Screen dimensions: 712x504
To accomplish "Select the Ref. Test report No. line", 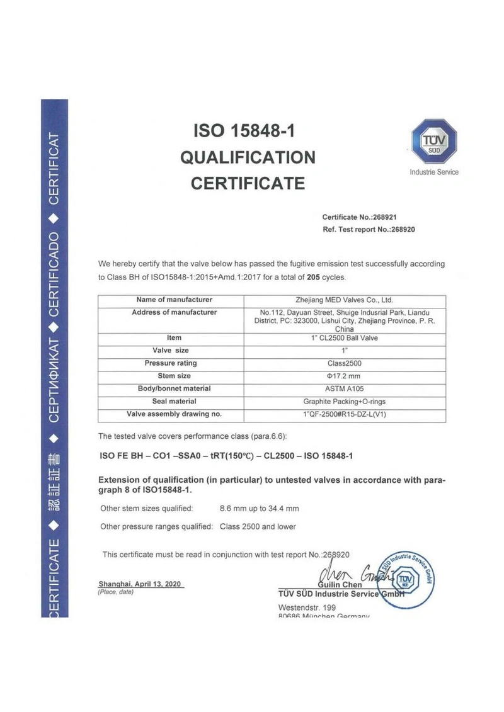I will coord(369,230).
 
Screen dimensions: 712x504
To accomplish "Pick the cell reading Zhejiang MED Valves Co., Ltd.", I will coord(344,300).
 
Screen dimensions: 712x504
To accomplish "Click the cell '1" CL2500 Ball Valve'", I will coord(344,338).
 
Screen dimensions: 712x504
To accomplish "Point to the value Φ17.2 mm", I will coord(344,376).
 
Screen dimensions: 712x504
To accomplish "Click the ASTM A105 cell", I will coord(344,389).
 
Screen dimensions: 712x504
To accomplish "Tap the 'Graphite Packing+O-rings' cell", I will coord(344,402).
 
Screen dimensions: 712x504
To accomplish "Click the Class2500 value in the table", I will coord(344,364).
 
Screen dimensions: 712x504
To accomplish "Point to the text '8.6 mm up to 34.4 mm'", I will coord(259,508).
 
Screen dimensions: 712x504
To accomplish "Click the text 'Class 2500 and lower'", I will coord(258,526).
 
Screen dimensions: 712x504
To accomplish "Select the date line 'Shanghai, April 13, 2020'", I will coord(140,584).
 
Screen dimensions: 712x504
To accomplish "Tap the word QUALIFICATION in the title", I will coord(248,157).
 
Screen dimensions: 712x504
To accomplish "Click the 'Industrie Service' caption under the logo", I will coord(434,172).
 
